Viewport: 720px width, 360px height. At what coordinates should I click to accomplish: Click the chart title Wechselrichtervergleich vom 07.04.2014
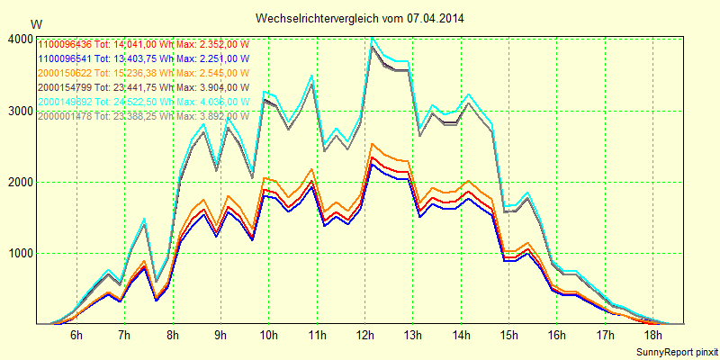point(360,18)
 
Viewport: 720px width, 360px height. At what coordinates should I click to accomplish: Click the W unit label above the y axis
point(35,22)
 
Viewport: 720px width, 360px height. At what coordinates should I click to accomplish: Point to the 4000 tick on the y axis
point(19,40)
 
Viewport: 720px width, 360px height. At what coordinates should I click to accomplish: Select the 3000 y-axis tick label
point(19,111)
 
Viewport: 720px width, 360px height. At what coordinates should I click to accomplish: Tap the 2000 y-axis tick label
point(19,182)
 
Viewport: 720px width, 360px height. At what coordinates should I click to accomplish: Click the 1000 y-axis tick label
point(19,253)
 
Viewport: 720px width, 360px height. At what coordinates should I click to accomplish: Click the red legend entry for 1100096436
point(142,44)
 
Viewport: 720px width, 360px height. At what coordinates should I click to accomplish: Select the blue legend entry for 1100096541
point(142,58)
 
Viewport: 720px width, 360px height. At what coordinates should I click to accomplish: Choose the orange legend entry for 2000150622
point(142,73)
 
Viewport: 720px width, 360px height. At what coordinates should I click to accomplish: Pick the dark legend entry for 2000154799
point(142,87)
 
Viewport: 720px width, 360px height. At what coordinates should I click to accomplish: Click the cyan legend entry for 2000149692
point(142,102)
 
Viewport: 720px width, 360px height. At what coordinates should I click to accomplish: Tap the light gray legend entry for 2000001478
point(142,116)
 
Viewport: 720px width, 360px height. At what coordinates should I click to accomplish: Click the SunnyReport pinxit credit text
point(678,350)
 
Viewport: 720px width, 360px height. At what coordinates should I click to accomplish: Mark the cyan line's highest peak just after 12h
point(372,38)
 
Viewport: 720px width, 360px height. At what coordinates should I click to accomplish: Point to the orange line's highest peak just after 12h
point(372,144)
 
